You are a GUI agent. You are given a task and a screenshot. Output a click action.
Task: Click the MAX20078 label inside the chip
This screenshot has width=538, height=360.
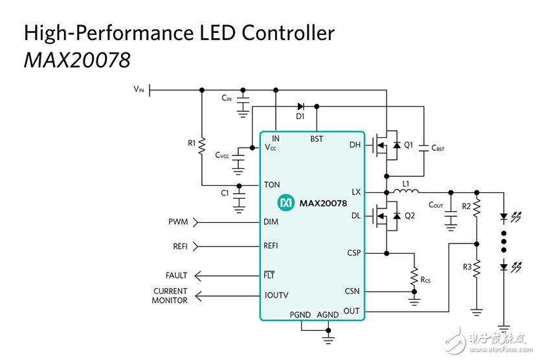pos(323,203)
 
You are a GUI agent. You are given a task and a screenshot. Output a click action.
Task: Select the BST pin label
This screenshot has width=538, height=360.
pos(317,139)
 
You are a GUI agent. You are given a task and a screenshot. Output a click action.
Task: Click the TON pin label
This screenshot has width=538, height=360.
pos(272,185)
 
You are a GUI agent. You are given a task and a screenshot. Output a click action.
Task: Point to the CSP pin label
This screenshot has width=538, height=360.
pos(353,253)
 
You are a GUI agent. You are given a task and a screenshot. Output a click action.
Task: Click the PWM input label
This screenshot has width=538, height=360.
pos(178,222)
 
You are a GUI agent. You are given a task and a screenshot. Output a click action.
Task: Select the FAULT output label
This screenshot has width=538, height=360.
pos(176,276)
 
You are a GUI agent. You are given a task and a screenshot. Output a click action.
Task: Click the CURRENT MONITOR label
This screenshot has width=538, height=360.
pos(170,296)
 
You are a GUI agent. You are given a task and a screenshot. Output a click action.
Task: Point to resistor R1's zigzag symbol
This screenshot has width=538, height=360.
pos(202,143)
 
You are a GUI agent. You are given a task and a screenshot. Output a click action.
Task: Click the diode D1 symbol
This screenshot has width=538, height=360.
pos(300,106)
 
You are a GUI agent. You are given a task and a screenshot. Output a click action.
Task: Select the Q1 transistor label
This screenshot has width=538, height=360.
pos(409,146)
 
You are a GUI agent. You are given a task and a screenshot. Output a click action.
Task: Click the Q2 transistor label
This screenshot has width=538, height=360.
pos(409,216)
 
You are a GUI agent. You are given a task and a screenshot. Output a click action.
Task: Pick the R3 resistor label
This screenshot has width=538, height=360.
pos(466,266)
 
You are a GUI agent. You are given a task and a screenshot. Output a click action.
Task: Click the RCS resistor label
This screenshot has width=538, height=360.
pos(425,280)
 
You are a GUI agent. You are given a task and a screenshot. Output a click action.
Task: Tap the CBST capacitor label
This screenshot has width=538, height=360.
pos(438,148)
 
